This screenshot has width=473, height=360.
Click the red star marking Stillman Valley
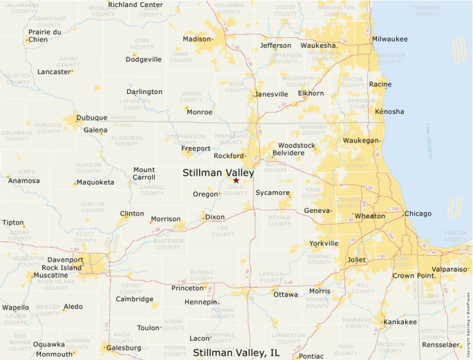[236, 180]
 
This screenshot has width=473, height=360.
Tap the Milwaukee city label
[389, 39]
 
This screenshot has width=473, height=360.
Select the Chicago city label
[418, 214]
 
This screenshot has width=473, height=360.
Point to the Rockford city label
[229, 156]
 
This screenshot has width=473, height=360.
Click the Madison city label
[196, 39]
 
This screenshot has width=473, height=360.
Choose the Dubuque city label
[91, 117]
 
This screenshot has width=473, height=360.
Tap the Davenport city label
[65, 260]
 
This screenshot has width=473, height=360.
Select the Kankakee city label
[400, 321]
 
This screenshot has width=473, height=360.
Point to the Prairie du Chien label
[44, 35]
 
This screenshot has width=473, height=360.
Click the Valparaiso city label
[449, 269]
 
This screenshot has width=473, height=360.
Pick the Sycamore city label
[272, 193]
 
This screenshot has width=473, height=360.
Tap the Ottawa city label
[286, 294]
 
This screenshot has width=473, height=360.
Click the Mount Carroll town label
[144, 173]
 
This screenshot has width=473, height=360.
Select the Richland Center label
[136, 5]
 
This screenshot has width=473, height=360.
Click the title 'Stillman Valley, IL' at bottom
[236, 352]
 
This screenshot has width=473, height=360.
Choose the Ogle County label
[236, 189]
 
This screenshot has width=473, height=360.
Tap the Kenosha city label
[389, 111]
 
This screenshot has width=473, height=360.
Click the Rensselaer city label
[441, 344]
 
